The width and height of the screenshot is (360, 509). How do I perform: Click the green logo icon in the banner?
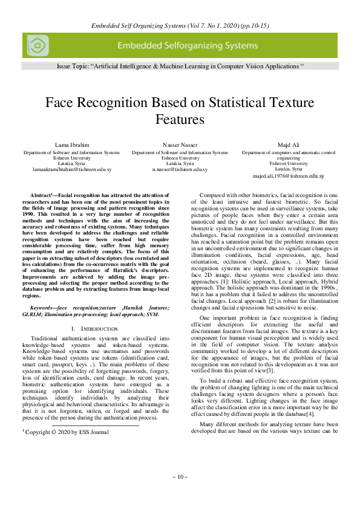pos(38,45)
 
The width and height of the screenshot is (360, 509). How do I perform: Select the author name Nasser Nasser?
pos(180,145)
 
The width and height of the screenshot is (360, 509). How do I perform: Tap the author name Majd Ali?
pos(288,145)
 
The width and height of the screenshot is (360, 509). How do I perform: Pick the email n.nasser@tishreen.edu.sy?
pos(180,170)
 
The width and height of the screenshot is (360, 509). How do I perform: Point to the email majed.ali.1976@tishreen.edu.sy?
pos(288,177)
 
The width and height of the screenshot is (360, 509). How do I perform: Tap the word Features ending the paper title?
pos(180,119)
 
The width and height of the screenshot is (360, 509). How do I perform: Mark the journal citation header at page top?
pos(180,26)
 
